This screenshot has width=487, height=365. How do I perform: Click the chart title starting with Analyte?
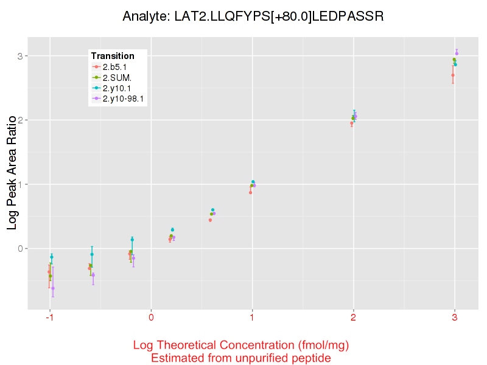coord(252,16)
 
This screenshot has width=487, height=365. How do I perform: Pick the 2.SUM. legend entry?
coord(117,77)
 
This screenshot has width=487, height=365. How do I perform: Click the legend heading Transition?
coord(113,55)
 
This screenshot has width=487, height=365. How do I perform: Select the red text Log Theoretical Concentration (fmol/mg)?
coord(241,346)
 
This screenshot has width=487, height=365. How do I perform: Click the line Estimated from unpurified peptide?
coord(241,358)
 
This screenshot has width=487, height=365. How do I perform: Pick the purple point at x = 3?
coord(457,54)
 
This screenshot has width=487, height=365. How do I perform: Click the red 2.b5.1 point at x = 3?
coord(453,75)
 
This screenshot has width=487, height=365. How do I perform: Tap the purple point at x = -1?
coord(53,288)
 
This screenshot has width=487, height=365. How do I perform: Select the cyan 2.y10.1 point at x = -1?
coord(52,257)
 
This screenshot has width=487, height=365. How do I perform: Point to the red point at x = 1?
coord(250,192)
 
